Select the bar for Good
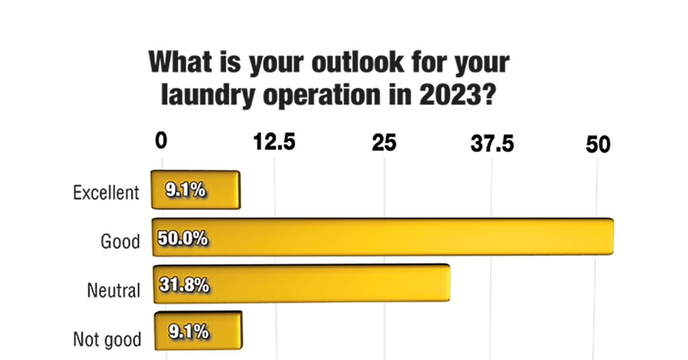(382, 237)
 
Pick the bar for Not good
(197, 331)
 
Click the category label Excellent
(106, 193)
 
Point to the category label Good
(120, 241)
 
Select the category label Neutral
(114, 290)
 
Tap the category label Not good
(107, 339)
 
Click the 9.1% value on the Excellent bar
(185, 190)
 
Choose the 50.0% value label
(182, 237)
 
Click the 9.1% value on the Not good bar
(188, 331)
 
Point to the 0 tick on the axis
(161, 142)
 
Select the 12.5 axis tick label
(275, 142)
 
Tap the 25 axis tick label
(384, 143)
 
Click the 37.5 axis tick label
(492, 143)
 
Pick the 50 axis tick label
(598, 144)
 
